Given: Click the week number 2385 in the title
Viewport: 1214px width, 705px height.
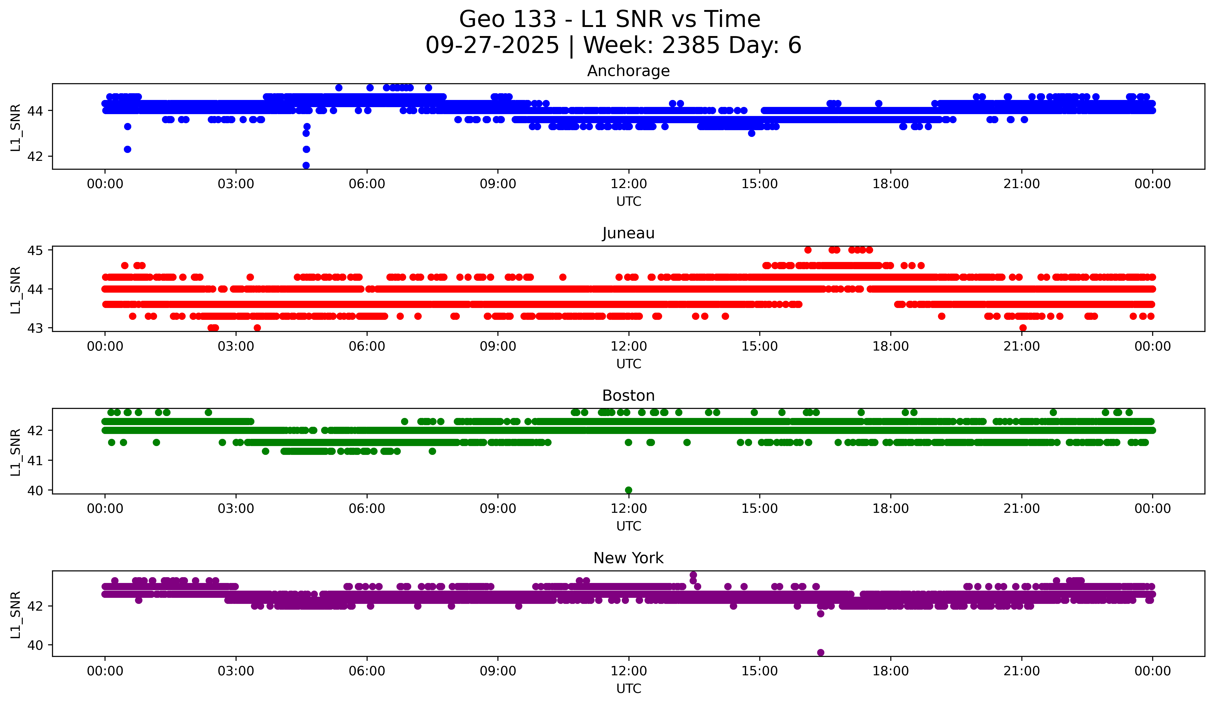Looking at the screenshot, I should coord(691,45).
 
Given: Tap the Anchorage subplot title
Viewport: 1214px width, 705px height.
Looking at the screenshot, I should coord(628,71).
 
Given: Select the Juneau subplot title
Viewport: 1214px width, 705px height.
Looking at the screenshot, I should coord(628,233).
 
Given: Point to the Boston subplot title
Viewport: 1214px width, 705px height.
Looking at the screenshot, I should coord(628,396).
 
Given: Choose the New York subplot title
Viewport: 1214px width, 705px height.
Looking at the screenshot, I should coord(628,558).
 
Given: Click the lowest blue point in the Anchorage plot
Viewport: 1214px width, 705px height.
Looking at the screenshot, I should coord(306,165).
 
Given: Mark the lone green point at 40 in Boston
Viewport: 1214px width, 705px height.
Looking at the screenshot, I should coord(628,490).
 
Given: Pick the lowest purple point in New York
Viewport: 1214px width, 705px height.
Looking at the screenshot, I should coord(820,652).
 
